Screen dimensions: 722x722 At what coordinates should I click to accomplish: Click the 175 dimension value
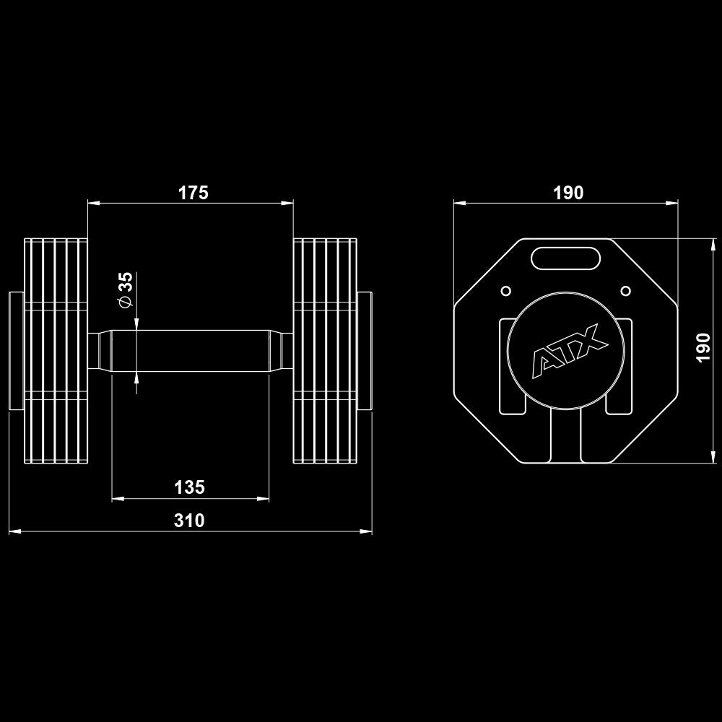pos(193,193)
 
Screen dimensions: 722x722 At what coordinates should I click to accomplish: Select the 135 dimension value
pos(189,487)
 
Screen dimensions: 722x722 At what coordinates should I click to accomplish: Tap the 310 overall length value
pos(189,521)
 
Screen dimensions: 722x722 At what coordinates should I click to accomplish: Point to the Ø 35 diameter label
pos(126,290)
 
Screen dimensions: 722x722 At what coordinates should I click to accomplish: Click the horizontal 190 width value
pos(568,193)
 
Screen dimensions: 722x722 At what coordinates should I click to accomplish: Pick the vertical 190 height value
pos(705,349)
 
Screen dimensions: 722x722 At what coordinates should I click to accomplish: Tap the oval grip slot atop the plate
pos(565,258)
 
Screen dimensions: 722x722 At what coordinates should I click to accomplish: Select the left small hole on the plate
pos(505,291)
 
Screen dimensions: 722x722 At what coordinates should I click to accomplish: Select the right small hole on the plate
pos(626,291)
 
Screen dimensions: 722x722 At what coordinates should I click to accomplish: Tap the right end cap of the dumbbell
pos(365,351)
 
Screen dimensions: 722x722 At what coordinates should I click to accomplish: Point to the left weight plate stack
pos(56,351)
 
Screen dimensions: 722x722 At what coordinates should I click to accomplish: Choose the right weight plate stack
pos(325,351)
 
